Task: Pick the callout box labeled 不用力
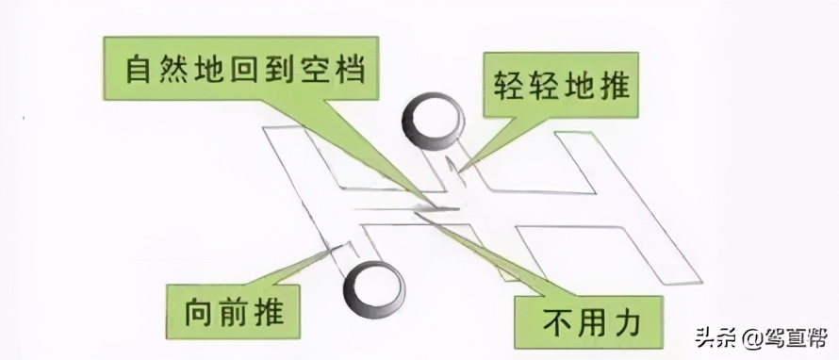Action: (x=590, y=322)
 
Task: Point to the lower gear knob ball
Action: (x=371, y=289)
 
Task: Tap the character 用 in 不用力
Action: (x=590, y=323)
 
